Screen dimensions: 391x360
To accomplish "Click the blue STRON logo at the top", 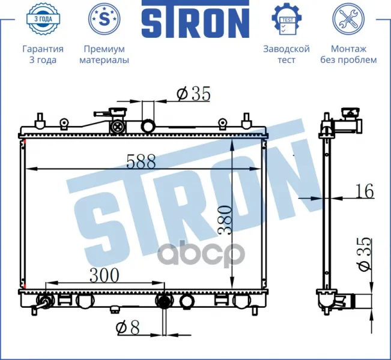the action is (x=196, y=19).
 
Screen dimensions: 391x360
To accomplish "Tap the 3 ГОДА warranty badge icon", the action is (x=43, y=19).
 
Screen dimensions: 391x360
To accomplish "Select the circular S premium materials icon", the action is (x=105, y=19).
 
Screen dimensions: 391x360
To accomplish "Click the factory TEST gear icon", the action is (x=286, y=19).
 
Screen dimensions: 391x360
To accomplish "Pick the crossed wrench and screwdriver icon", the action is (x=348, y=19).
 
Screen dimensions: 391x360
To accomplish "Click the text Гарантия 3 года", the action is (x=43, y=55).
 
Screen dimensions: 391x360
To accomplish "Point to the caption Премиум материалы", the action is (x=105, y=55).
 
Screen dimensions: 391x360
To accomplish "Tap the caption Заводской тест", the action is (x=286, y=55).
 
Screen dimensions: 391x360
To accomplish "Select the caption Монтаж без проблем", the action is (x=348, y=55).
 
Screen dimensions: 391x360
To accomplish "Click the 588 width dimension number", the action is (x=141, y=161).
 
